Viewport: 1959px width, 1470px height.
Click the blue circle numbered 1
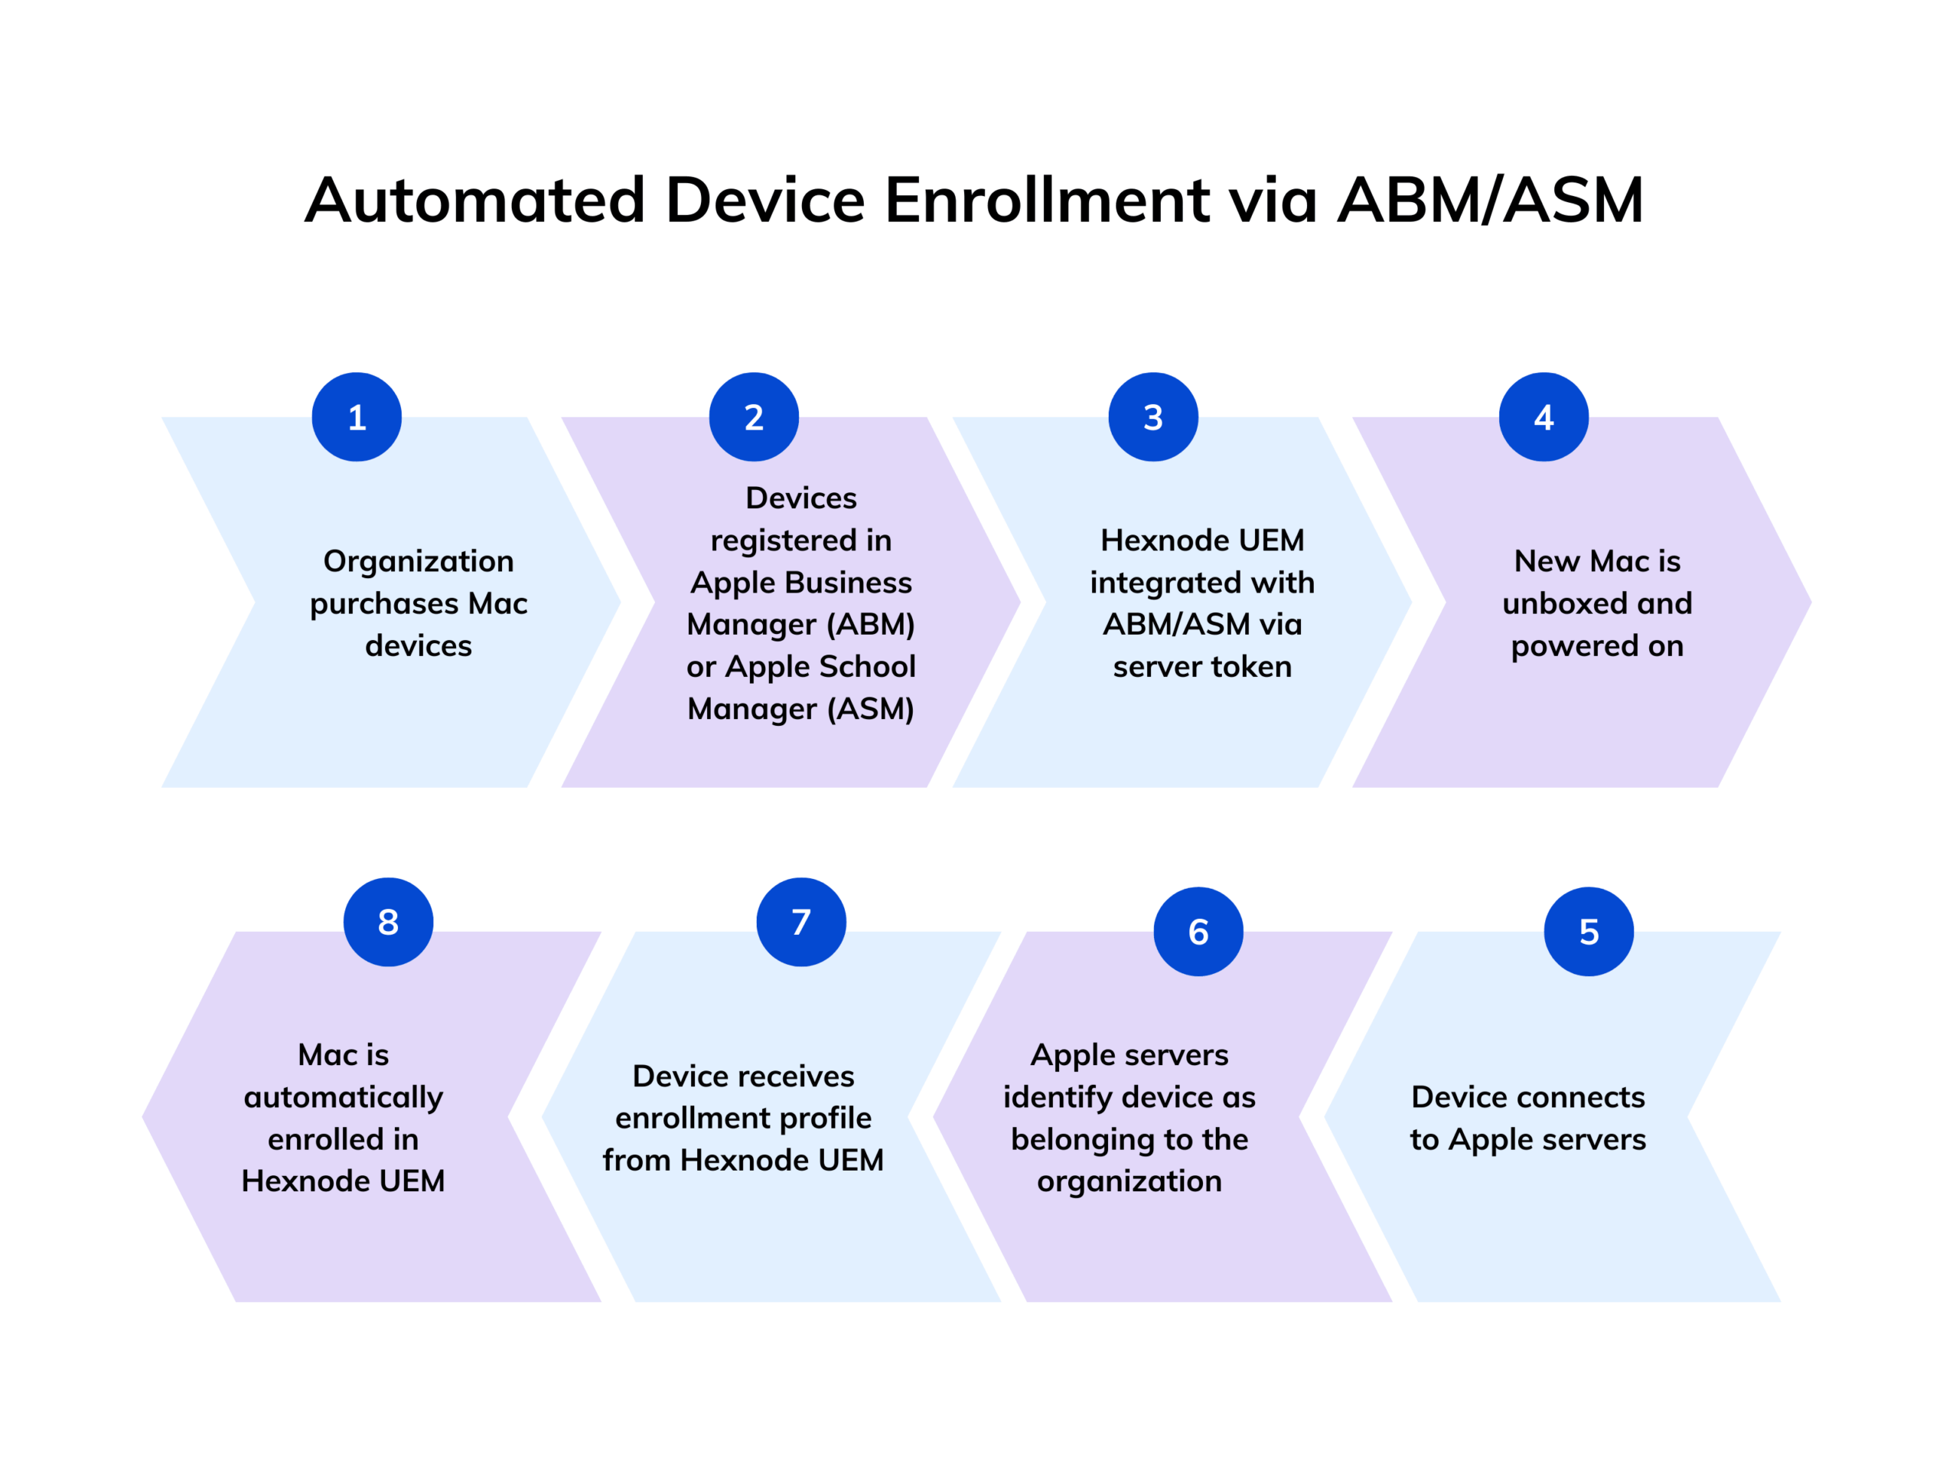356,416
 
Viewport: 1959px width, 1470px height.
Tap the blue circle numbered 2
754,416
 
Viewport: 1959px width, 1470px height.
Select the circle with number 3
1153,416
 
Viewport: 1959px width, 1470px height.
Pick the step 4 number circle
1543,416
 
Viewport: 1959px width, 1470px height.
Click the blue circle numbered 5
1589,931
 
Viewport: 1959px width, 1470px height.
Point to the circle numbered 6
1198,931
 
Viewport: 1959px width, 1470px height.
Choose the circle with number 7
800,922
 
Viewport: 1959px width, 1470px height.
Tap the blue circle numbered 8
388,922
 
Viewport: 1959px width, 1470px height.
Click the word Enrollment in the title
1047,201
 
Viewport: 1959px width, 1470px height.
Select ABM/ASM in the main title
1490,201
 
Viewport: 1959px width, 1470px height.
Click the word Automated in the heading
474,201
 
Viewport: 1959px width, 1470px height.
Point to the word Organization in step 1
418,561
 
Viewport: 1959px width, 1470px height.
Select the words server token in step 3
1201,666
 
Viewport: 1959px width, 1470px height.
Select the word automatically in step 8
344,1098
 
